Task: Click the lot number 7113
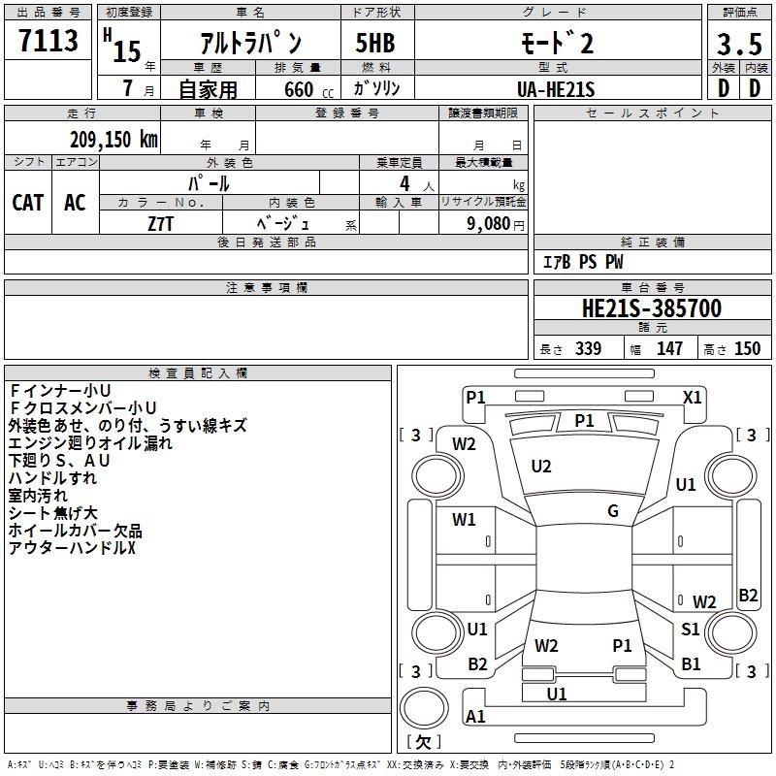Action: (48, 41)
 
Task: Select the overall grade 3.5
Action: (739, 44)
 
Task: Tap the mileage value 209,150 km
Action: (113, 140)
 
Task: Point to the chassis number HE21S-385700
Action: (652, 308)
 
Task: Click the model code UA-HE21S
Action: (556, 89)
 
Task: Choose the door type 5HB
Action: (375, 43)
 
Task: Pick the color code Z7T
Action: (160, 224)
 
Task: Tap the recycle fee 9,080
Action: (489, 224)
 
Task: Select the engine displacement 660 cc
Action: (308, 90)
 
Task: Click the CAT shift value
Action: (28, 203)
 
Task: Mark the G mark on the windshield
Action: (613, 511)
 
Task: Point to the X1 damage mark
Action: (692, 398)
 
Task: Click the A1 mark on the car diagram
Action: (475, 716)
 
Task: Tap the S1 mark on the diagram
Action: (690, 629)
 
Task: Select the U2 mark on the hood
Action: (541, 467)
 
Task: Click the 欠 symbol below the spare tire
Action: (424, 742)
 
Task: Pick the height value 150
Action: (747, 349)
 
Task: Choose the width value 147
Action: (669, 349)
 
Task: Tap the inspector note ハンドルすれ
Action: (52, 478)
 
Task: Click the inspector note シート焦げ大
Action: (53, 513)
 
